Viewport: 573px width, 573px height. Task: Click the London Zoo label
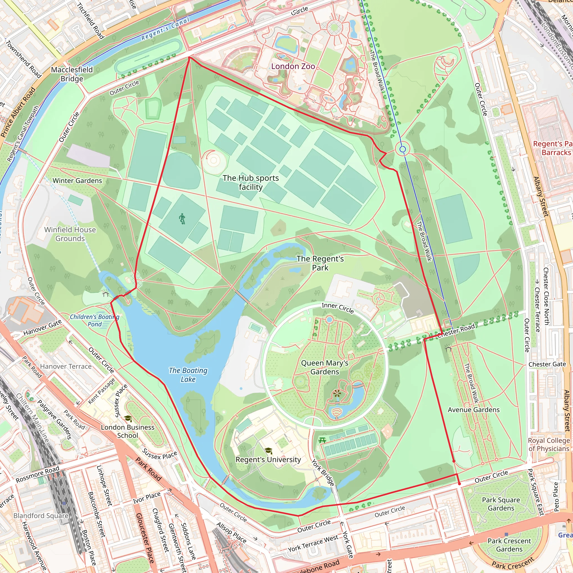point(293,66)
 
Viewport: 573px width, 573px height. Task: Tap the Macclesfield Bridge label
point(72,74)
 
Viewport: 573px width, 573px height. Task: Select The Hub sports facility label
point(251,182)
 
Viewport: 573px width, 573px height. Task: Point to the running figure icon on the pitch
point(182,219)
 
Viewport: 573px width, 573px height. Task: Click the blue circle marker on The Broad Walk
point(402,149)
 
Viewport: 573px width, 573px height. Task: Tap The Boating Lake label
point(188,375)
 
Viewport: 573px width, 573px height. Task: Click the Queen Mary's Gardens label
point(325,367)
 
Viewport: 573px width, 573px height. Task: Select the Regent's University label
point(268,459)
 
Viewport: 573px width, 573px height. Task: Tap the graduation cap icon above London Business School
point(128,419)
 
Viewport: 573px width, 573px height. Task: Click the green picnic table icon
point(322,440)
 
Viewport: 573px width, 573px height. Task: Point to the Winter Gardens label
point(77,181)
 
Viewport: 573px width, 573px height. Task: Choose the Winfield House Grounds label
point(70,234)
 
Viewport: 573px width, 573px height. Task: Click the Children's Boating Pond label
point(95,320)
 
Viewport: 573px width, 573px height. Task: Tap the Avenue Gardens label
point(473,410)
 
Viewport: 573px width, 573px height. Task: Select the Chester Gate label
point(547,364)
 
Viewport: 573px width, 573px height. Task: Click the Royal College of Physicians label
point(549,444)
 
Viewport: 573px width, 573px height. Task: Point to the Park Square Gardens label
point(501,504)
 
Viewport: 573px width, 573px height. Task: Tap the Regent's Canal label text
point(165,29)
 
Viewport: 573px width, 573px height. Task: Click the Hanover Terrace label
point(66,366)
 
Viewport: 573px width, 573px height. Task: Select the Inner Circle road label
point(337,308)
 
